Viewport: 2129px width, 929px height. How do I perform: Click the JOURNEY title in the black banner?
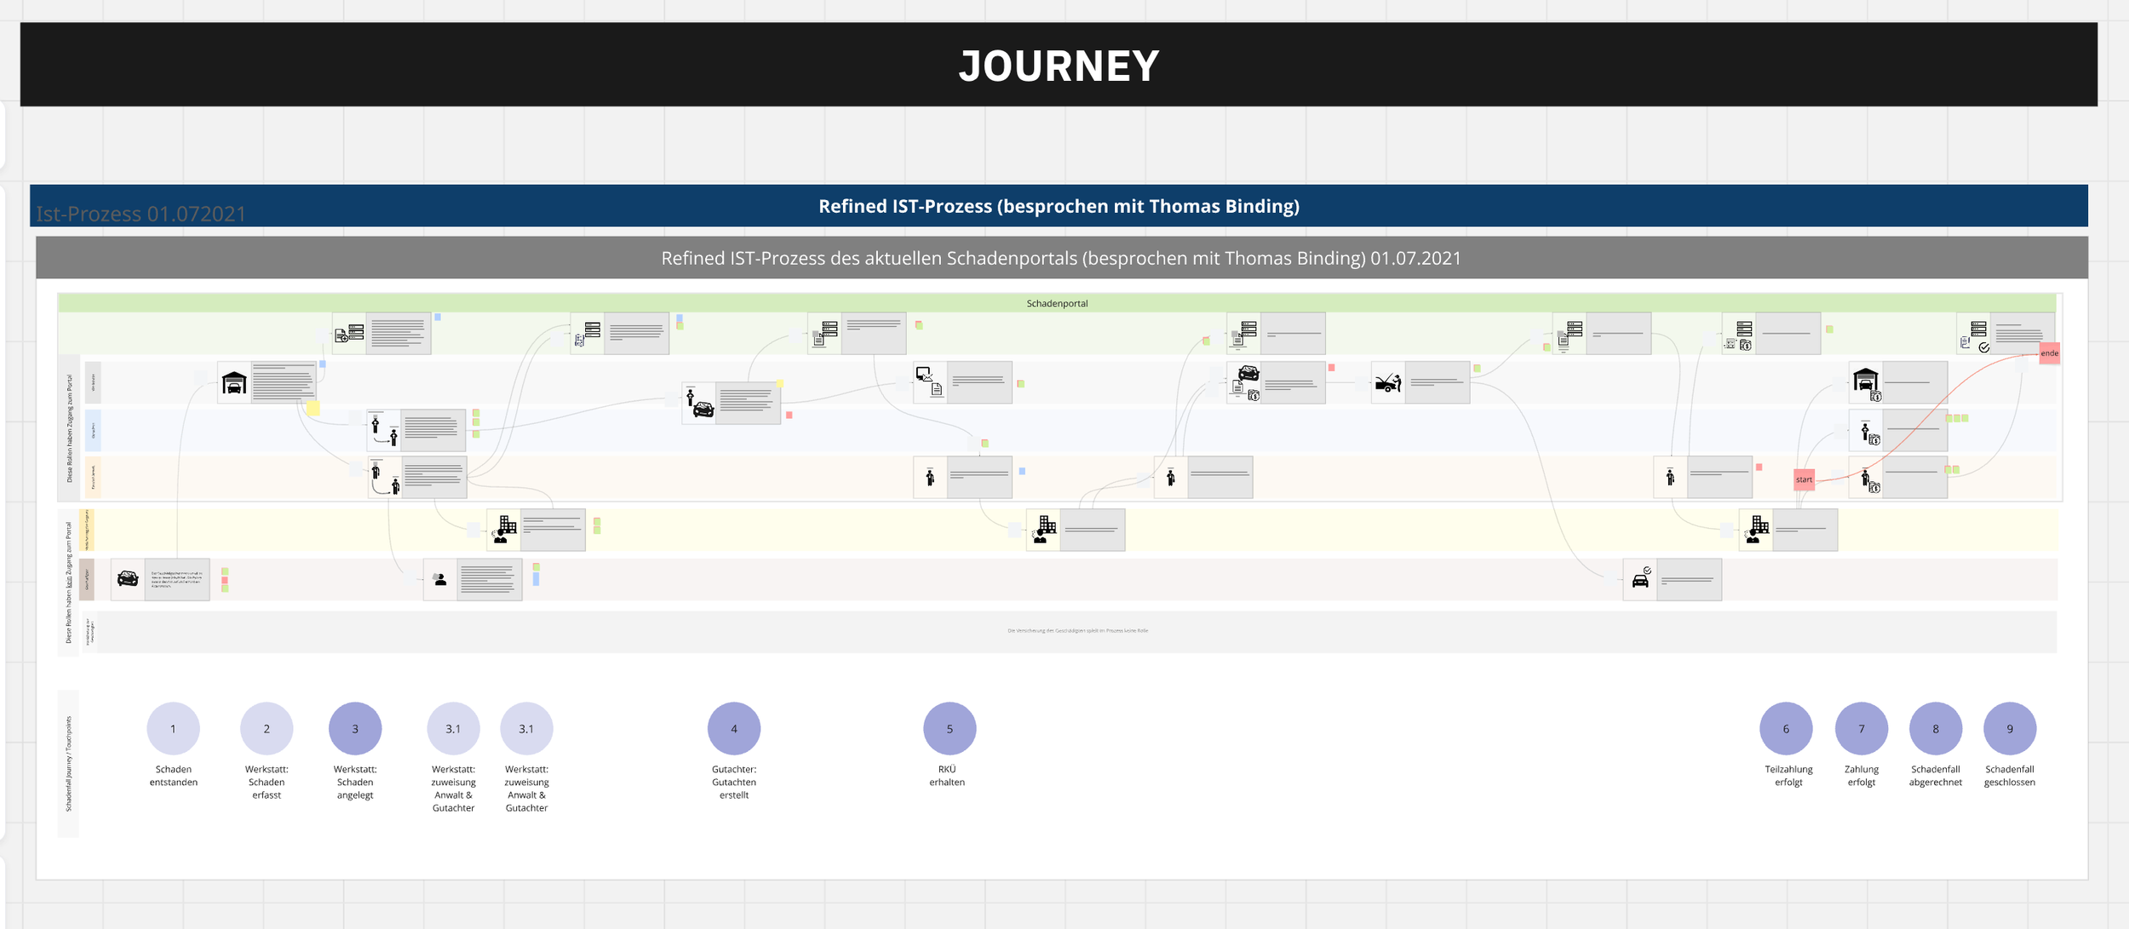pyautogui.click(x=1059, y=66)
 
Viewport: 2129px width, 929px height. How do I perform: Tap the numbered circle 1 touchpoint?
pyautogui.click(x=173, y=729)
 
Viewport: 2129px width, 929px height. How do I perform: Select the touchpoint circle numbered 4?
pyautogui.click(x=733, y=729)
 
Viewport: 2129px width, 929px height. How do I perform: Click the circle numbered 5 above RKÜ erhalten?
pyautogui.click(x=950, y=729)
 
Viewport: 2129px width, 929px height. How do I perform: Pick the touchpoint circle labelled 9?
pyautogui.click(x=2010, y=729)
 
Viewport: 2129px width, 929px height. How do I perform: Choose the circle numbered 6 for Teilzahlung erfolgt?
pyautogui.click(x=1786, y=729)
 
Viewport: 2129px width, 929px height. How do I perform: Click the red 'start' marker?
pyautogui.click(x=1804, y=479)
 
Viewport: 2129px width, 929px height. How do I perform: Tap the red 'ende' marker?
pyautogui.click(x=2049, y=353)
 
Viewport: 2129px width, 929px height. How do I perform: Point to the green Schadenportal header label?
pyautogui.click(x=1057, y=303)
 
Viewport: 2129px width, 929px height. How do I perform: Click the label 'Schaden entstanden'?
pyautogui.click(x=174, y=776)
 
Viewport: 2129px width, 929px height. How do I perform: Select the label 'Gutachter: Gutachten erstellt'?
pyautogui.click(x=734, y=782)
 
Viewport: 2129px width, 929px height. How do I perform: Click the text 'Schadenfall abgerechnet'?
pyautogui.click(x=1935, y=776)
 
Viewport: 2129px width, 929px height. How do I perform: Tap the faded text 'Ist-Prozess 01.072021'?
pyautogui.click(x=141, y=214)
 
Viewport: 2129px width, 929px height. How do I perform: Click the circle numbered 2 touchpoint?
pyautogui.click(x=267, y=729)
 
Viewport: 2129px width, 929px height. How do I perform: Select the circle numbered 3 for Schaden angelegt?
pyautogui.click(x=355, y=729)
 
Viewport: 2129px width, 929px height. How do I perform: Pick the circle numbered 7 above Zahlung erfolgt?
pyautogui.click(x=1861, y=729)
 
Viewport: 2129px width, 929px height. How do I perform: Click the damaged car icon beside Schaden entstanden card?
pyautogui.click(x=128, y=579)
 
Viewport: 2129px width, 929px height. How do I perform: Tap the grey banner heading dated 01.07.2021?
pyautogui.click(x=1061, y=258)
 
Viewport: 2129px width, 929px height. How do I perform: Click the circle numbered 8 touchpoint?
pyautogui.click(x=1935, y=729)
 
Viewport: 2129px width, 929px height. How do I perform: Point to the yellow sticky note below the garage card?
pyautogui.click(x=313, y=409)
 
